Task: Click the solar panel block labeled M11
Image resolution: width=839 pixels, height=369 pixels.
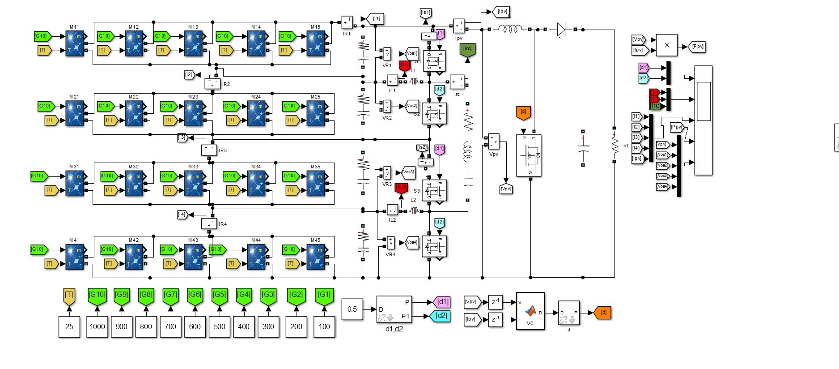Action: [x=75, y=43]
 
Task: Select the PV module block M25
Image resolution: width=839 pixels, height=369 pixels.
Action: [x=316, y=113]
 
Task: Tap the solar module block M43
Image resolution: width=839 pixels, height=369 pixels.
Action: [x=193, y=257]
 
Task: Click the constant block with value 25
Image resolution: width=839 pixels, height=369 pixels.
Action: [x=69, y=326]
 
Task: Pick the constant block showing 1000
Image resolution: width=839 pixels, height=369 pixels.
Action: [x=97, y=326]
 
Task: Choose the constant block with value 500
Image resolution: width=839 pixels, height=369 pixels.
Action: [x=219, y=326]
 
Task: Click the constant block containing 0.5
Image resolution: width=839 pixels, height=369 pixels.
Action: [x=352, y=309]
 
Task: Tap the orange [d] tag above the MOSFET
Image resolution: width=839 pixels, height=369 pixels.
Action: [x=523, y=112]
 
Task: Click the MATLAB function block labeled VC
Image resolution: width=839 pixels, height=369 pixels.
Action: [x=530, y=311]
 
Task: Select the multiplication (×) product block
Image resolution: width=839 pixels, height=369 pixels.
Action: [x=667, y=45]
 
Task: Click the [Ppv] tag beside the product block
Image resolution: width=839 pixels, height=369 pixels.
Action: [x=697, y=47]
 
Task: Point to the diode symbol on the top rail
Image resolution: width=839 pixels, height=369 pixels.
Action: [x=561, y=30]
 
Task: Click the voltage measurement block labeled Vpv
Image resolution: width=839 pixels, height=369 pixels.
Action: [x=494, y=141]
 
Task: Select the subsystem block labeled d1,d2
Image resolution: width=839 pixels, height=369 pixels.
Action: [x=394, y=309]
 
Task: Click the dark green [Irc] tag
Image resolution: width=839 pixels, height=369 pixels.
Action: [x=467, y=50]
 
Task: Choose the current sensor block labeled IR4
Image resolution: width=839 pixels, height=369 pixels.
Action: [x=209, y=223]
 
